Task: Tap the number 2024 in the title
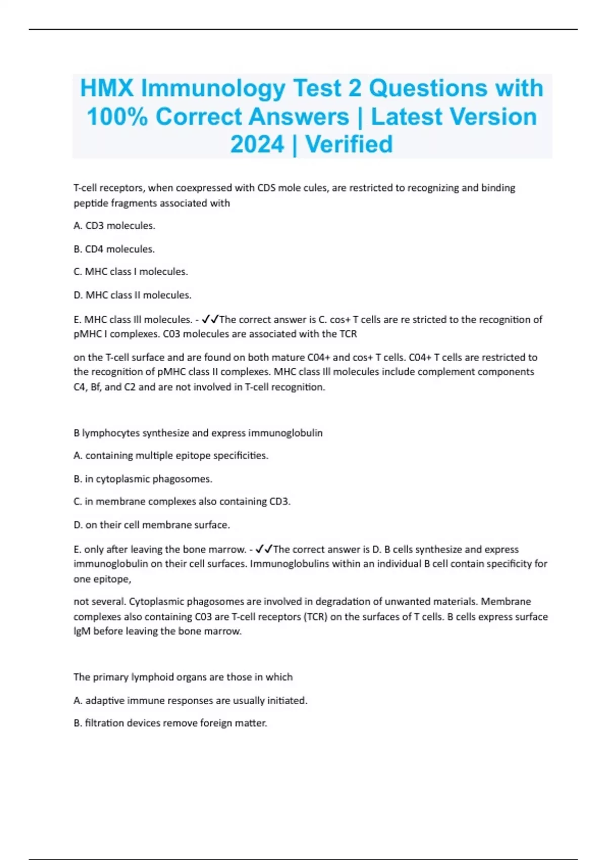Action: pyautogui.click(x=256, y=144)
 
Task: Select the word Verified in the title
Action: pyautogui.click(x=349, y=144)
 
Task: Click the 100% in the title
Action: pyautogui.click(x=117, y=117)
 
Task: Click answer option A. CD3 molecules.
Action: pyautogui.click(x=114, y=226)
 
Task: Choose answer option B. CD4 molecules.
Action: pyautogui.click(x=114, y=249)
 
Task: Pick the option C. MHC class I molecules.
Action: pyautogui.click(x=131, y=272)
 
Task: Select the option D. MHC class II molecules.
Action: pyautogui.click(x=133, y=295)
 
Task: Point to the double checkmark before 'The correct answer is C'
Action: pyautogui.click(x=210, y=319)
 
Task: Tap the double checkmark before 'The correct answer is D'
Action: pyautogui.click(x=264, y=549)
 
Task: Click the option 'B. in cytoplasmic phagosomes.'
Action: pyautogui.click(x=143, y=479)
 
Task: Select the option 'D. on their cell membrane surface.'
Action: pyautogui.click(x=152, y=525)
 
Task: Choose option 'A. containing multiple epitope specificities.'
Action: pyautogui.click(x=171, y=455)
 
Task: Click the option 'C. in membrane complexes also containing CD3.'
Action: pyautogui.click(x=182, y=501)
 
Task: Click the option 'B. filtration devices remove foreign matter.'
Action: pyautogui.click(x=170, y=723)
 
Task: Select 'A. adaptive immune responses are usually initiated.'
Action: pyautogui.click(x=191, y=700)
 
